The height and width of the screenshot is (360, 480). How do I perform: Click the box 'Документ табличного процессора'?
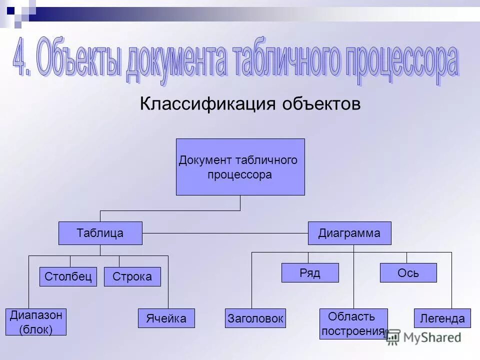[240, 167]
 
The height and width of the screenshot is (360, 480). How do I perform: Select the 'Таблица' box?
[100, 233]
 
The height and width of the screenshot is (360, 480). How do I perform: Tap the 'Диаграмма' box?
[349, 233]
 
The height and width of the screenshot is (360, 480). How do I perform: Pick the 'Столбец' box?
[68, 276]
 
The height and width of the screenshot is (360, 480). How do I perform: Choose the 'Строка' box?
[132, 276]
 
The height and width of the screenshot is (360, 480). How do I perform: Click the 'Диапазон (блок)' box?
[35, 322]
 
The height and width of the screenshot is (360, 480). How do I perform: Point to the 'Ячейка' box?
[166, 318]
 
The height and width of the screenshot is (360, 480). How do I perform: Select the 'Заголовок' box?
[255, 318]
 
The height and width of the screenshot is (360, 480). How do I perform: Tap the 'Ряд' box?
[310, 273]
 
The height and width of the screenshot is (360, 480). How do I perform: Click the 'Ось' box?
[408, 273]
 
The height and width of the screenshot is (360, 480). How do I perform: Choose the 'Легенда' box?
[442, 318]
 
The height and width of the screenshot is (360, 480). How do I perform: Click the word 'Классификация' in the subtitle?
[207, 104]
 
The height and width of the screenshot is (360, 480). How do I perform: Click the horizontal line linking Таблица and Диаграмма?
[225, 233]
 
